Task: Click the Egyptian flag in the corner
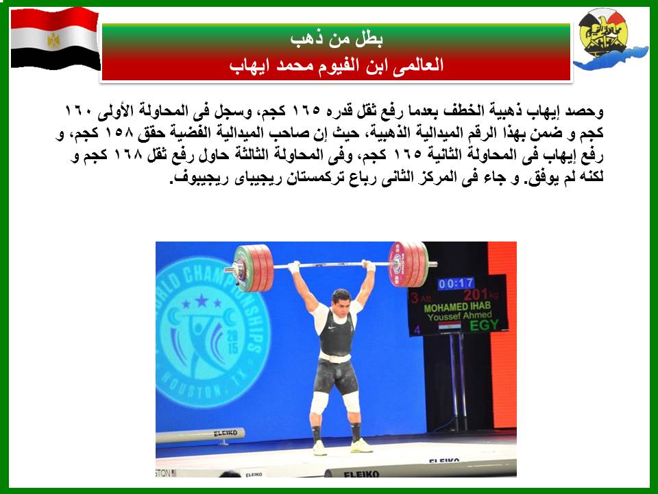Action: point(55,38)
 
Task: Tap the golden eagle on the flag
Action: point(53,40)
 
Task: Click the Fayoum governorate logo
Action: point(609,39)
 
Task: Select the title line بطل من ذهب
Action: point(337,38)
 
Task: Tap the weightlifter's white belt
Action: point(334,357)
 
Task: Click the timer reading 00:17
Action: point(456,284)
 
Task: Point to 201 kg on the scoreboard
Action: point(481,294)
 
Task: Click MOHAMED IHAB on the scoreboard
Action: point(457,307)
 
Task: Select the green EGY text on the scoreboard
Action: point(485,325)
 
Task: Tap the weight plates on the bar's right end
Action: point(409,264)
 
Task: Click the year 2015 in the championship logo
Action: point(232,341)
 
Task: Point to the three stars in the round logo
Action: point(202,302)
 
